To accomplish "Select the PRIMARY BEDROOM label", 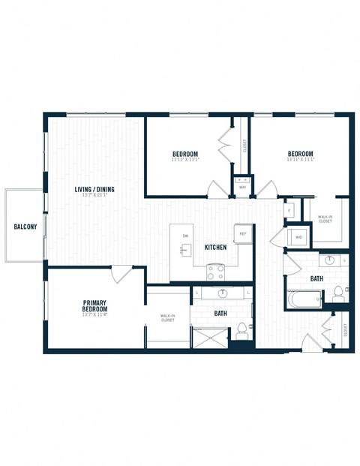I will click(95, 306).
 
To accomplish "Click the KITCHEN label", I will click(217, 247).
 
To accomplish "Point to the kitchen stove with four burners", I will click(215, 271).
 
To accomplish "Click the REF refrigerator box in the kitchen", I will click(242, 233).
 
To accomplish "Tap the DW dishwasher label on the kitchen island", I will click(185, 237).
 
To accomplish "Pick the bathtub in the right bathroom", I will click(304, 300).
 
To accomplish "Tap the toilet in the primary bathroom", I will click(241, 330).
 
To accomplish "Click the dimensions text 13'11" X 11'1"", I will click(300, 159).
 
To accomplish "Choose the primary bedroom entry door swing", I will click(121, 274).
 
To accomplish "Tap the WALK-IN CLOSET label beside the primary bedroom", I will click(168, 318).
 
